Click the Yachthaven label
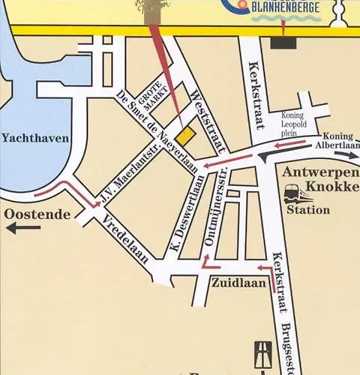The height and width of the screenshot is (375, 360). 35,138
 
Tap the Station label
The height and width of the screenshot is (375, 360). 308,211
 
